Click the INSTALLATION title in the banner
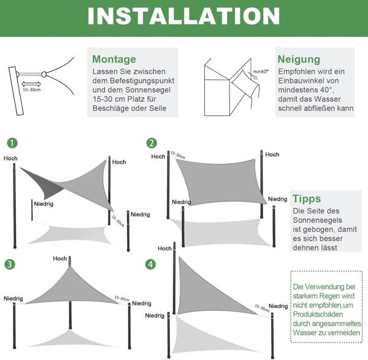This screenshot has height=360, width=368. click(183, 17)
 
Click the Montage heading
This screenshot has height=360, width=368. click(114, 59)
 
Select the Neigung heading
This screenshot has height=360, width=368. click(299, 59)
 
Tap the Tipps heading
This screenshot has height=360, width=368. click(306, 199)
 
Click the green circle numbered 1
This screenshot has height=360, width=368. click(12, 143)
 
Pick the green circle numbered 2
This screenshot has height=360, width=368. click(151, 143)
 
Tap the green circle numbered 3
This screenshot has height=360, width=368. click(10, 264)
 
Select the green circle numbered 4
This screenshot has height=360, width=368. click(150, 264)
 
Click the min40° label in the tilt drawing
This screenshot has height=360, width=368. click(261, 72)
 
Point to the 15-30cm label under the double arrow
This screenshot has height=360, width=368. click(31, 90)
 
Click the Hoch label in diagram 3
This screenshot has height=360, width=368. click(60, 258)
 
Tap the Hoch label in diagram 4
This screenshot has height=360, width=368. click(164, 248)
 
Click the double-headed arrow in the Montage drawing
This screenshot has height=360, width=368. click(31, 83)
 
